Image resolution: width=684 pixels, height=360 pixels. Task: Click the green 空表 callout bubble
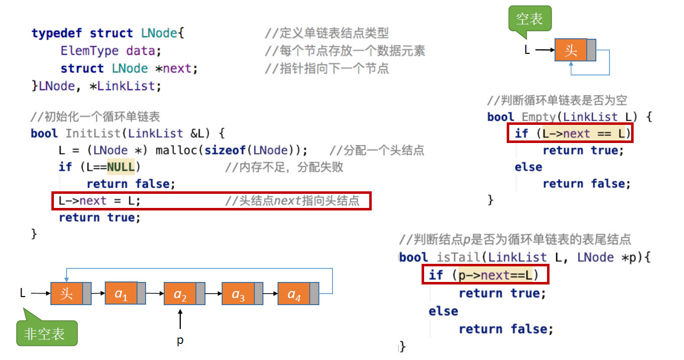coord(529,20)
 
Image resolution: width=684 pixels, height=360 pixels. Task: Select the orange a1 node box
coord(121,294)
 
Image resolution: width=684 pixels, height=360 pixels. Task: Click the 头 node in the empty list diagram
coord(571,50)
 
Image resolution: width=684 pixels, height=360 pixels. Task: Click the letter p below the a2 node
coord(180,341)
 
